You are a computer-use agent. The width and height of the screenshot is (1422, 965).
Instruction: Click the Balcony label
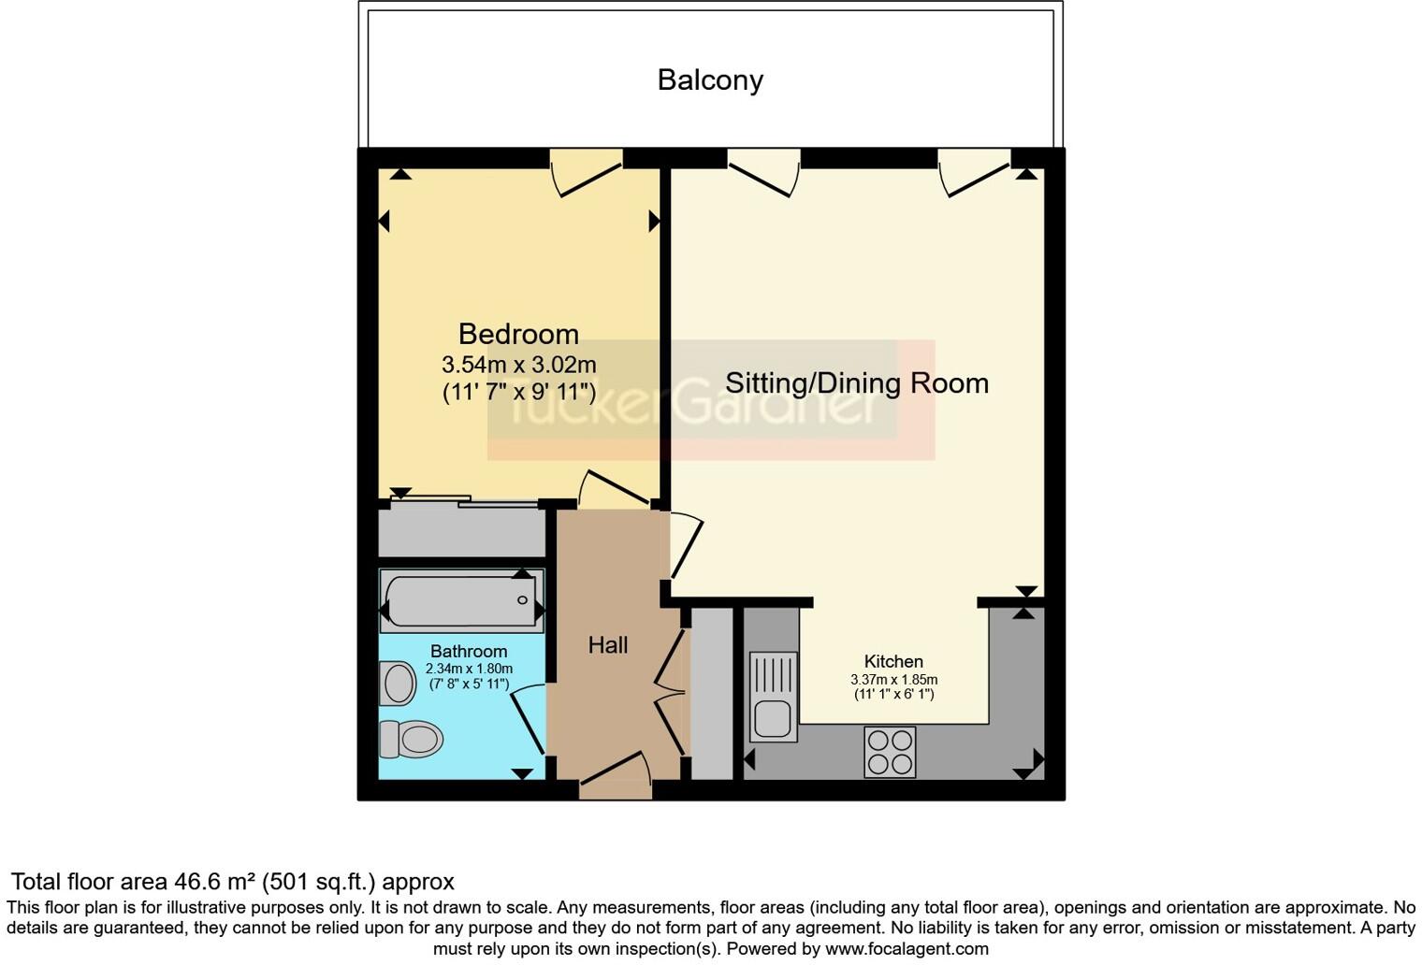pyautogui.click(x=710, y=80)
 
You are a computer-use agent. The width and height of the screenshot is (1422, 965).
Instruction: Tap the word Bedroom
pyautogui.click(x=518, y=334)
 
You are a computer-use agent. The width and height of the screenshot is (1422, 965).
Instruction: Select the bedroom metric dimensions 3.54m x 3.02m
pyautogui.click(x=518, y=365)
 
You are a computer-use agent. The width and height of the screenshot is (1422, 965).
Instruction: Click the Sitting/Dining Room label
pyautogui.click(x=856, y=383)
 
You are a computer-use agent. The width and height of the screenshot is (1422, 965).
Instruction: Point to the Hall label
pyautogui.click(x=607, y=644)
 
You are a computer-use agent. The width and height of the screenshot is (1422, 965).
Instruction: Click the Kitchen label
pyautogui.click(x=893, y=661)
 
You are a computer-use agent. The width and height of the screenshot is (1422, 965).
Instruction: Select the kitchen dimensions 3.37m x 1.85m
pyautogui.click(x=893, y=680)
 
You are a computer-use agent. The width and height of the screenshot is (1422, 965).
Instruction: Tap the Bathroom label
pyautogui.click(x=469, y=651)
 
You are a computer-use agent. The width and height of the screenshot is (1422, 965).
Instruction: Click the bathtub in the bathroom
pyautogui.click(x=460, y=600)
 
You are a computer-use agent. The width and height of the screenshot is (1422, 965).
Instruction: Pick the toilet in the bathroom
pyautogui.click(x=412, y=739)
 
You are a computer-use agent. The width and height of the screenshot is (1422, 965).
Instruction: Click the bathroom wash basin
pyautogui.click(x=399, y=684)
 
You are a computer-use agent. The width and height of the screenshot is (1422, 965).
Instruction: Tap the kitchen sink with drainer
pyautogui.click(x=774, y=697)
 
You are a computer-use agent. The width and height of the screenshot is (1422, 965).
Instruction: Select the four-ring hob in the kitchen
pyautogui.click(x=890, y=752)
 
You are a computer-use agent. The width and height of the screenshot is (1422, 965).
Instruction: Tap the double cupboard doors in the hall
pyautogui.click(x=671, y=692)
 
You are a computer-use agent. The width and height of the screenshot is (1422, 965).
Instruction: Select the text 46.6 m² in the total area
pyautogui.click(x=215, y=882)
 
